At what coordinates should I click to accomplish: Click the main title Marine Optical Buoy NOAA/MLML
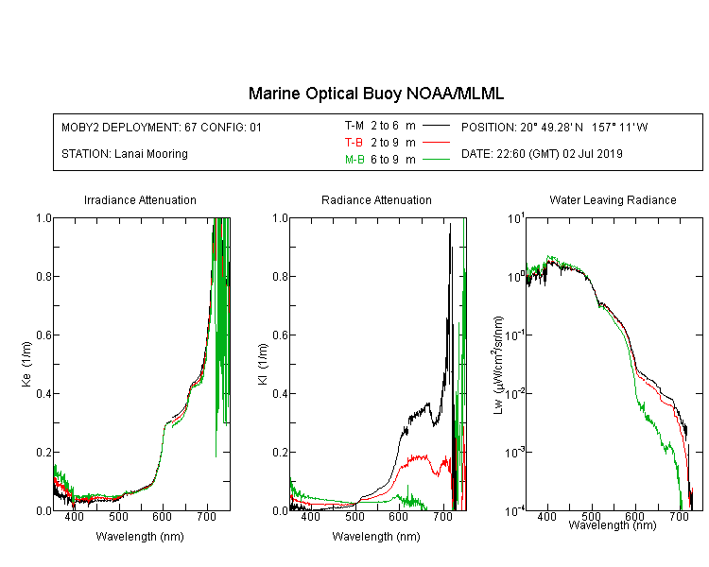(375, 94)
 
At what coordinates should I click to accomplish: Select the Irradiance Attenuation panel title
(140, 199)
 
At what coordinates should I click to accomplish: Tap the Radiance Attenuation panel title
(376, 199)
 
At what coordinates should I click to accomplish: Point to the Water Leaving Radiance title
(613, 199)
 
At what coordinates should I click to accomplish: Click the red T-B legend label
(354, 143)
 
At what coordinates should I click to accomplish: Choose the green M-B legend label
(354, 159)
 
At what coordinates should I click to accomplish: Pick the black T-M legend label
(354, 126)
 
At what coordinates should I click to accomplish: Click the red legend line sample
(436, 143)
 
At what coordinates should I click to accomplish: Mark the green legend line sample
(436, 159)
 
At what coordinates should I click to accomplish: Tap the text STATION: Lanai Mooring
(125, 154)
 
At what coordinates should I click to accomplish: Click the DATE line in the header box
(542, 154)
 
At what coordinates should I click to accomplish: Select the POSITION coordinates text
(554, 127)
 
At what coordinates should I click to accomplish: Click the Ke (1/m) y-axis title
(26, 364)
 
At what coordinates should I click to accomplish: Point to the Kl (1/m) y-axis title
(262, 364)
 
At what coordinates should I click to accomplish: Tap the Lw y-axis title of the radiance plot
(498, 365)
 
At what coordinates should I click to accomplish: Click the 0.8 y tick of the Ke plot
(43, 276)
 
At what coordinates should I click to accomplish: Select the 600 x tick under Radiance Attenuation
(398, 516)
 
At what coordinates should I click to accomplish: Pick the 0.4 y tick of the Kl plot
(281, 393)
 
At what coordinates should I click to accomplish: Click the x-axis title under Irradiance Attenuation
(140, 537)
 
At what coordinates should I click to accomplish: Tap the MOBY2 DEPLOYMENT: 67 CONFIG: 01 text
(162, 127)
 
